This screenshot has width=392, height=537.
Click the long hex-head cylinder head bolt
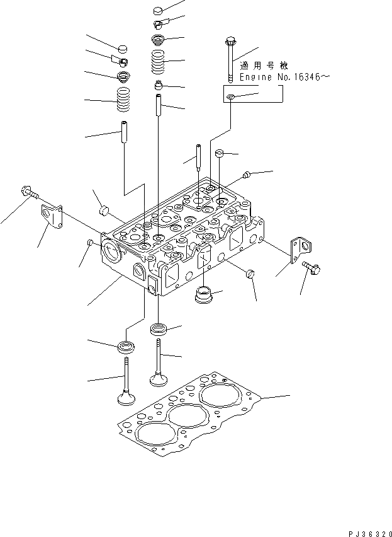click(x=230, y=61)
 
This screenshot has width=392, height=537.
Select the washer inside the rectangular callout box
click(x=231, y=97)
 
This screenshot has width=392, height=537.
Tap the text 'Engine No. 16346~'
click(x=285, y=78)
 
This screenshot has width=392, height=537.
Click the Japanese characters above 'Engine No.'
click(x=264, y=66)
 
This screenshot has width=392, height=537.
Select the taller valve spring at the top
click(x=158, y=62)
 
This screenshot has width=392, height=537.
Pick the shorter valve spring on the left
click(x=124, y=100)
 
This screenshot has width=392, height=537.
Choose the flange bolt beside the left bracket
click(x=29, y=192)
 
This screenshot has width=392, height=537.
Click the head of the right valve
click(x=159, y=379)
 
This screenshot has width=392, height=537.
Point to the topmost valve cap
click(x=158, y=11)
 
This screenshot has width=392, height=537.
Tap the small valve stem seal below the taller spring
click(x=158, y=85)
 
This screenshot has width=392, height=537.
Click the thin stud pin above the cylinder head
click(x=199, y=157)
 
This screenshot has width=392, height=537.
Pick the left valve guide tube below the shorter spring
click(x=124, y=132)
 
